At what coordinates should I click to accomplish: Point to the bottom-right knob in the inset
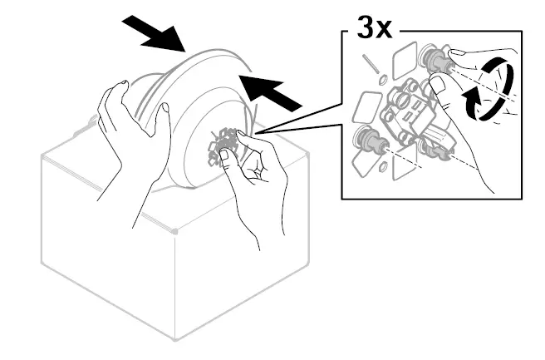[432, 147]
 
